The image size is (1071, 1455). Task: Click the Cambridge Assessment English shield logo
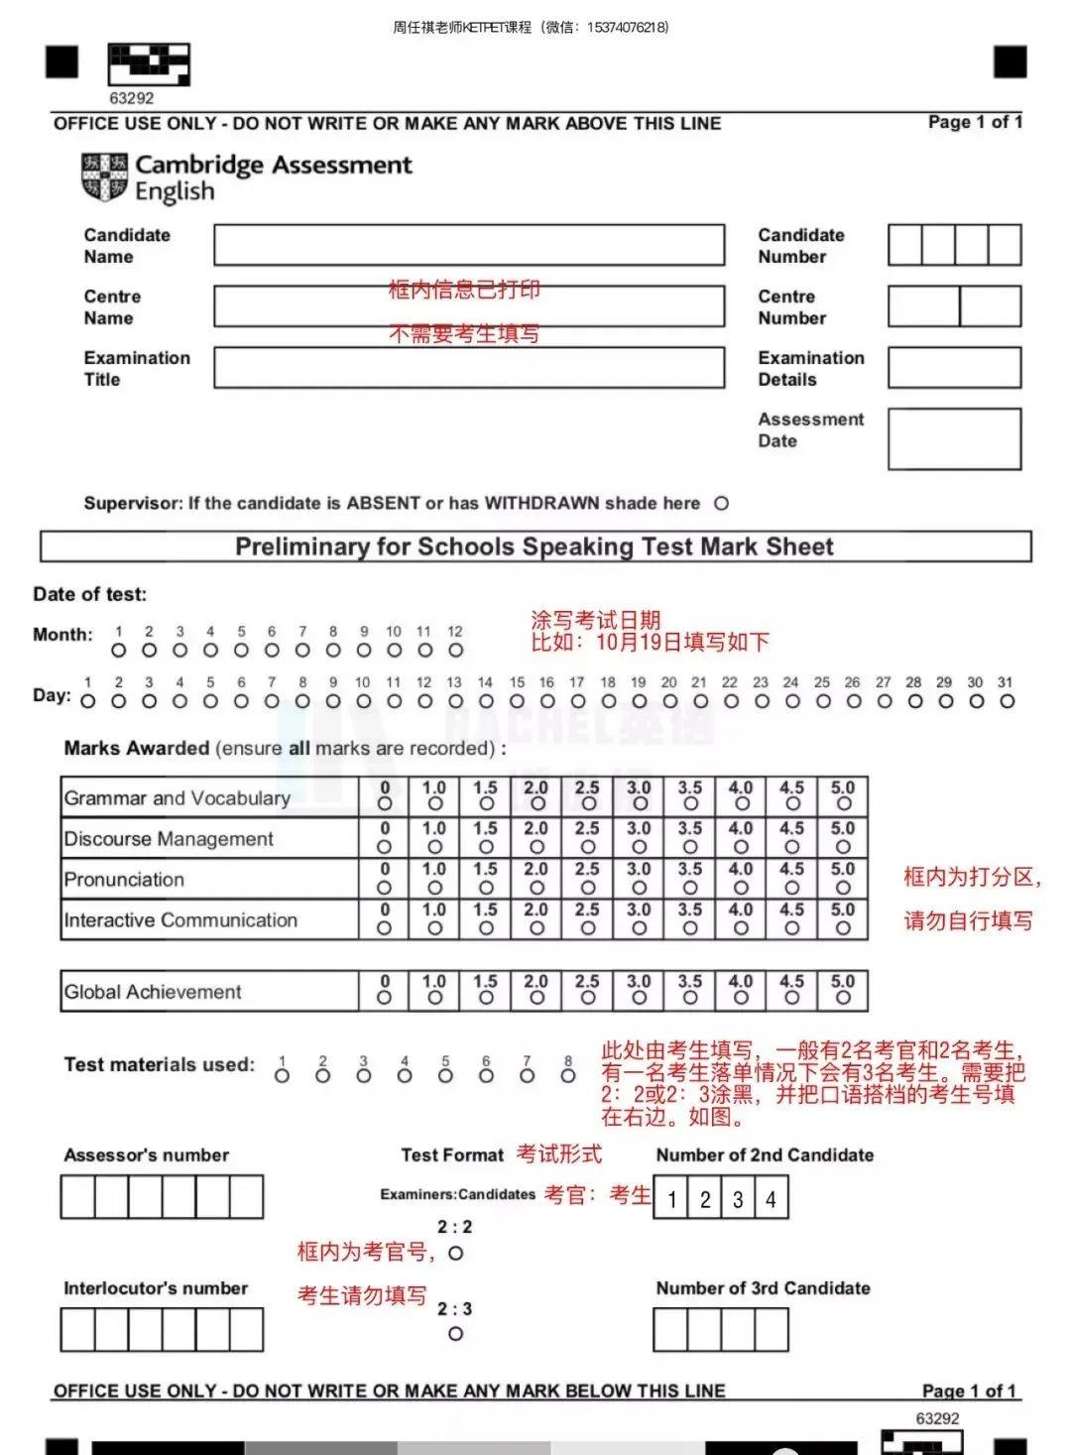point(104,176)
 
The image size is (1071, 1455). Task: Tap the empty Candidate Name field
point(469,245)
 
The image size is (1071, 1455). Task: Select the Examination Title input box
point(469,368)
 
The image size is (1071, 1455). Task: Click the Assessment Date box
point(954,439)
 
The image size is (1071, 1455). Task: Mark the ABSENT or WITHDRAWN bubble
point(722,504)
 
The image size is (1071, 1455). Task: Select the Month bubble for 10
point(395,651)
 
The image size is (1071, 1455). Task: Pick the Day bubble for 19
point(639,701)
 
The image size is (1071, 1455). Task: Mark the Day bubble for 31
point(1007,701)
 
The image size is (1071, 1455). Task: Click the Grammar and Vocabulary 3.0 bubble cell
point(640,796)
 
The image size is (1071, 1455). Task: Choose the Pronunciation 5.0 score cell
point(843,878)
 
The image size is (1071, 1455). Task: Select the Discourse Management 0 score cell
point(385,837)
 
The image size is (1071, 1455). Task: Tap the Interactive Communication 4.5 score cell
point(791,918)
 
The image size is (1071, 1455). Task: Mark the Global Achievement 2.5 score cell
point(588,990)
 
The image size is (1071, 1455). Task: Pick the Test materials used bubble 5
point(445,1076)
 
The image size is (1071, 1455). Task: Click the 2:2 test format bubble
point(455,1253)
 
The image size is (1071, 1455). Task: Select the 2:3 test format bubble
point(455,1334)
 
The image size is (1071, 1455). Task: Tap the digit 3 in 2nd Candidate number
point(738,1199)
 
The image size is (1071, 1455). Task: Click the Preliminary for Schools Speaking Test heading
point(535,547)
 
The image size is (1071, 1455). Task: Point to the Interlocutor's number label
point(156,1288)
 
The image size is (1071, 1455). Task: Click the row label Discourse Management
point(169,839)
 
